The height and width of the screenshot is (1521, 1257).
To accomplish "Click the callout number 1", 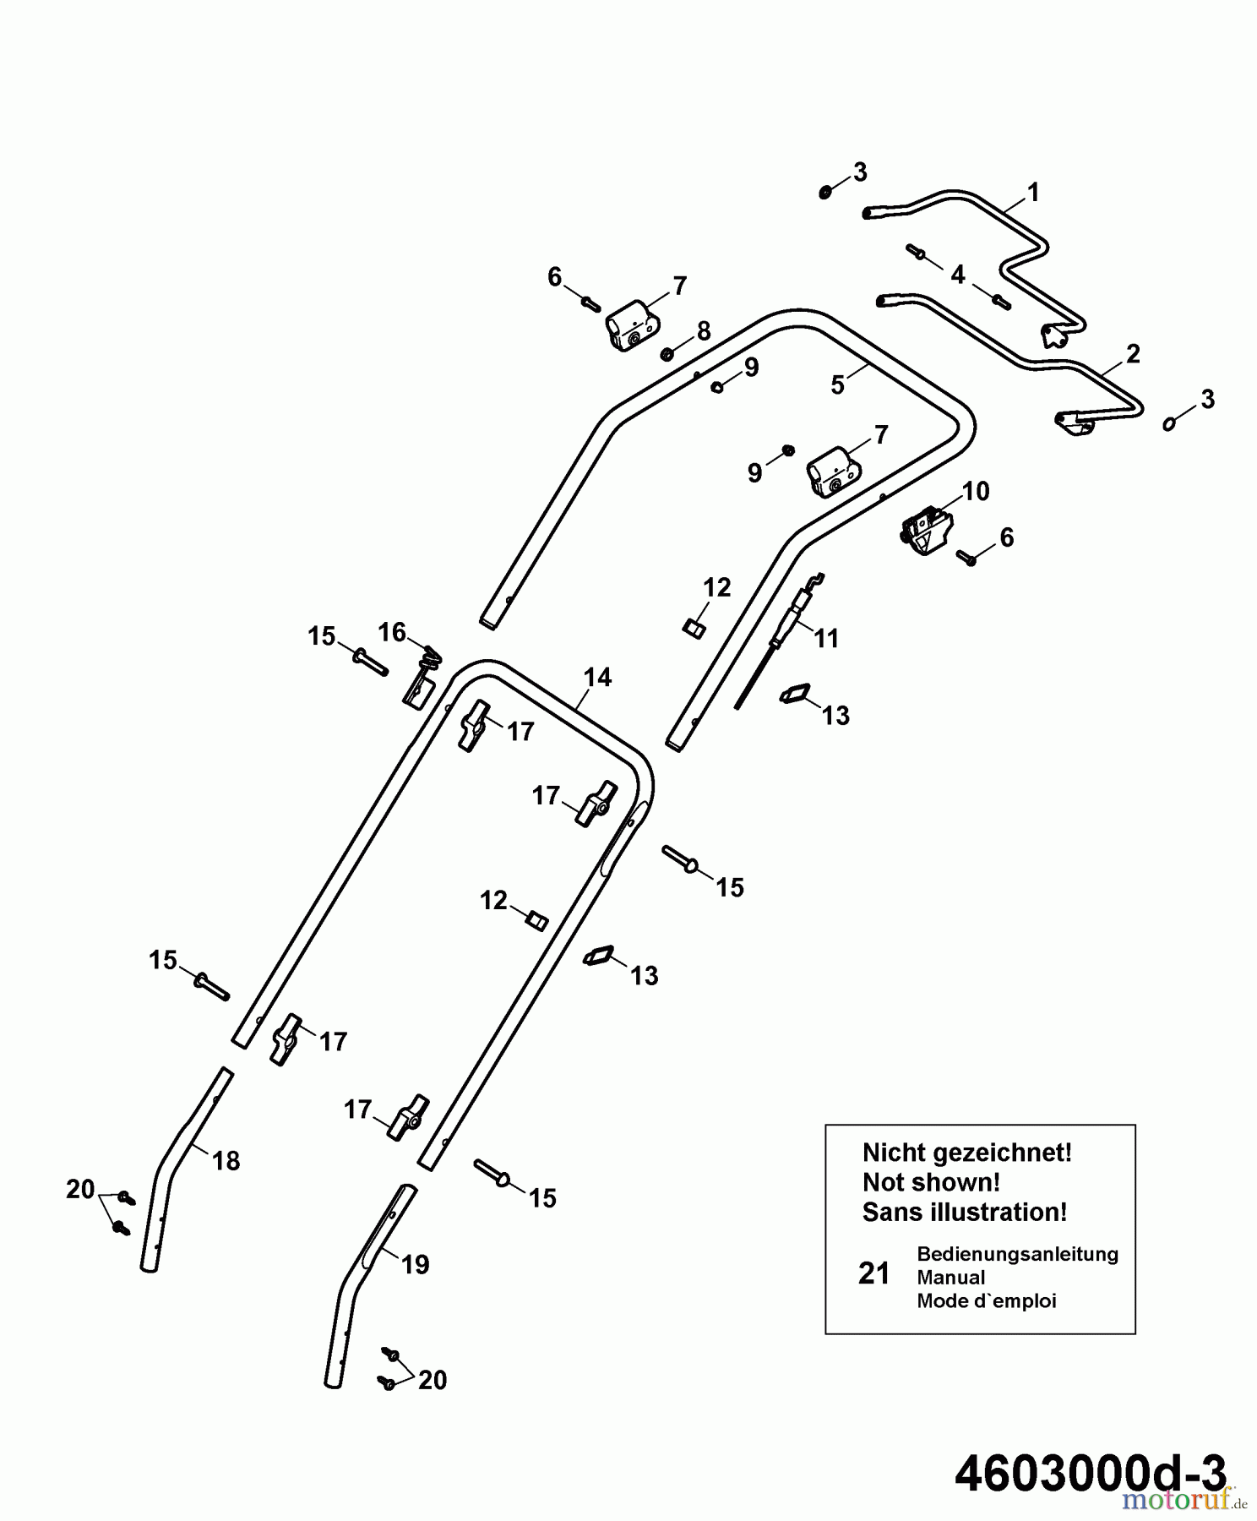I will tap(1032, 193).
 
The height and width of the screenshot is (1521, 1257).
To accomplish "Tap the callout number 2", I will tap(1133, 353).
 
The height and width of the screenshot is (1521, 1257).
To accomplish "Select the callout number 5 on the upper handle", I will tap(837, 385).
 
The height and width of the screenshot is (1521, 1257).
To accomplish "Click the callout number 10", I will tap(976, 491).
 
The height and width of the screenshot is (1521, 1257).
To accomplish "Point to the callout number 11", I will tap(826, 638).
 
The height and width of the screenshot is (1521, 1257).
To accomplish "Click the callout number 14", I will tap(597, 677).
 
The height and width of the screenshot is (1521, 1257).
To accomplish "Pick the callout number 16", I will tap(392, 632).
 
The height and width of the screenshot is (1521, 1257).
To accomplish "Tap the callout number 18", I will tap(226, 1160).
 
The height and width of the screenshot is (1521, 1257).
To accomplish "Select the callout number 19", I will tap(415, 1264).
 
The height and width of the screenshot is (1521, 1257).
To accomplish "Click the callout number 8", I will tap(704, 331).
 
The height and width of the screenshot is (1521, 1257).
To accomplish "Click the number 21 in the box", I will tap(874, 1273).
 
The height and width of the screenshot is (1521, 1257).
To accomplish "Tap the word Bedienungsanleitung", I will tap(1017, 1253).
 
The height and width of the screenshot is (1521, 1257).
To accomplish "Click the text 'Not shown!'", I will tap(931, 1181).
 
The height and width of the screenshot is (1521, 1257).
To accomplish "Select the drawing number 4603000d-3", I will tap(1090, 1474).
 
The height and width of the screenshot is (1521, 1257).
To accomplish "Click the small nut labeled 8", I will tap(666, 353).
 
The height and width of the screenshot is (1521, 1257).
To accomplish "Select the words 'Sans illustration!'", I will tap(964, 1212).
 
